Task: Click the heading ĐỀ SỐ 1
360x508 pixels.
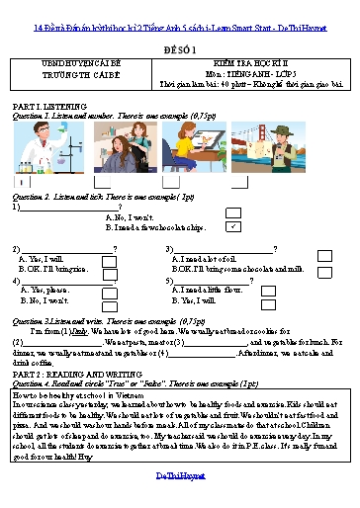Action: [x=180, y=46]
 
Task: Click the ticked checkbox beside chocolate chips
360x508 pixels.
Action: [x=233, y=226]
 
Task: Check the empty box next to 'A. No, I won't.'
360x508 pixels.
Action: [x=233, y=212]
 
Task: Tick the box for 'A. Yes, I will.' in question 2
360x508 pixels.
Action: [x=109, y=259]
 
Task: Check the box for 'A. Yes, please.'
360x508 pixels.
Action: [x=109, y=290]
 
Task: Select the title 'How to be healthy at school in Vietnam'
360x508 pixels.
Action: [x=73, y=394]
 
